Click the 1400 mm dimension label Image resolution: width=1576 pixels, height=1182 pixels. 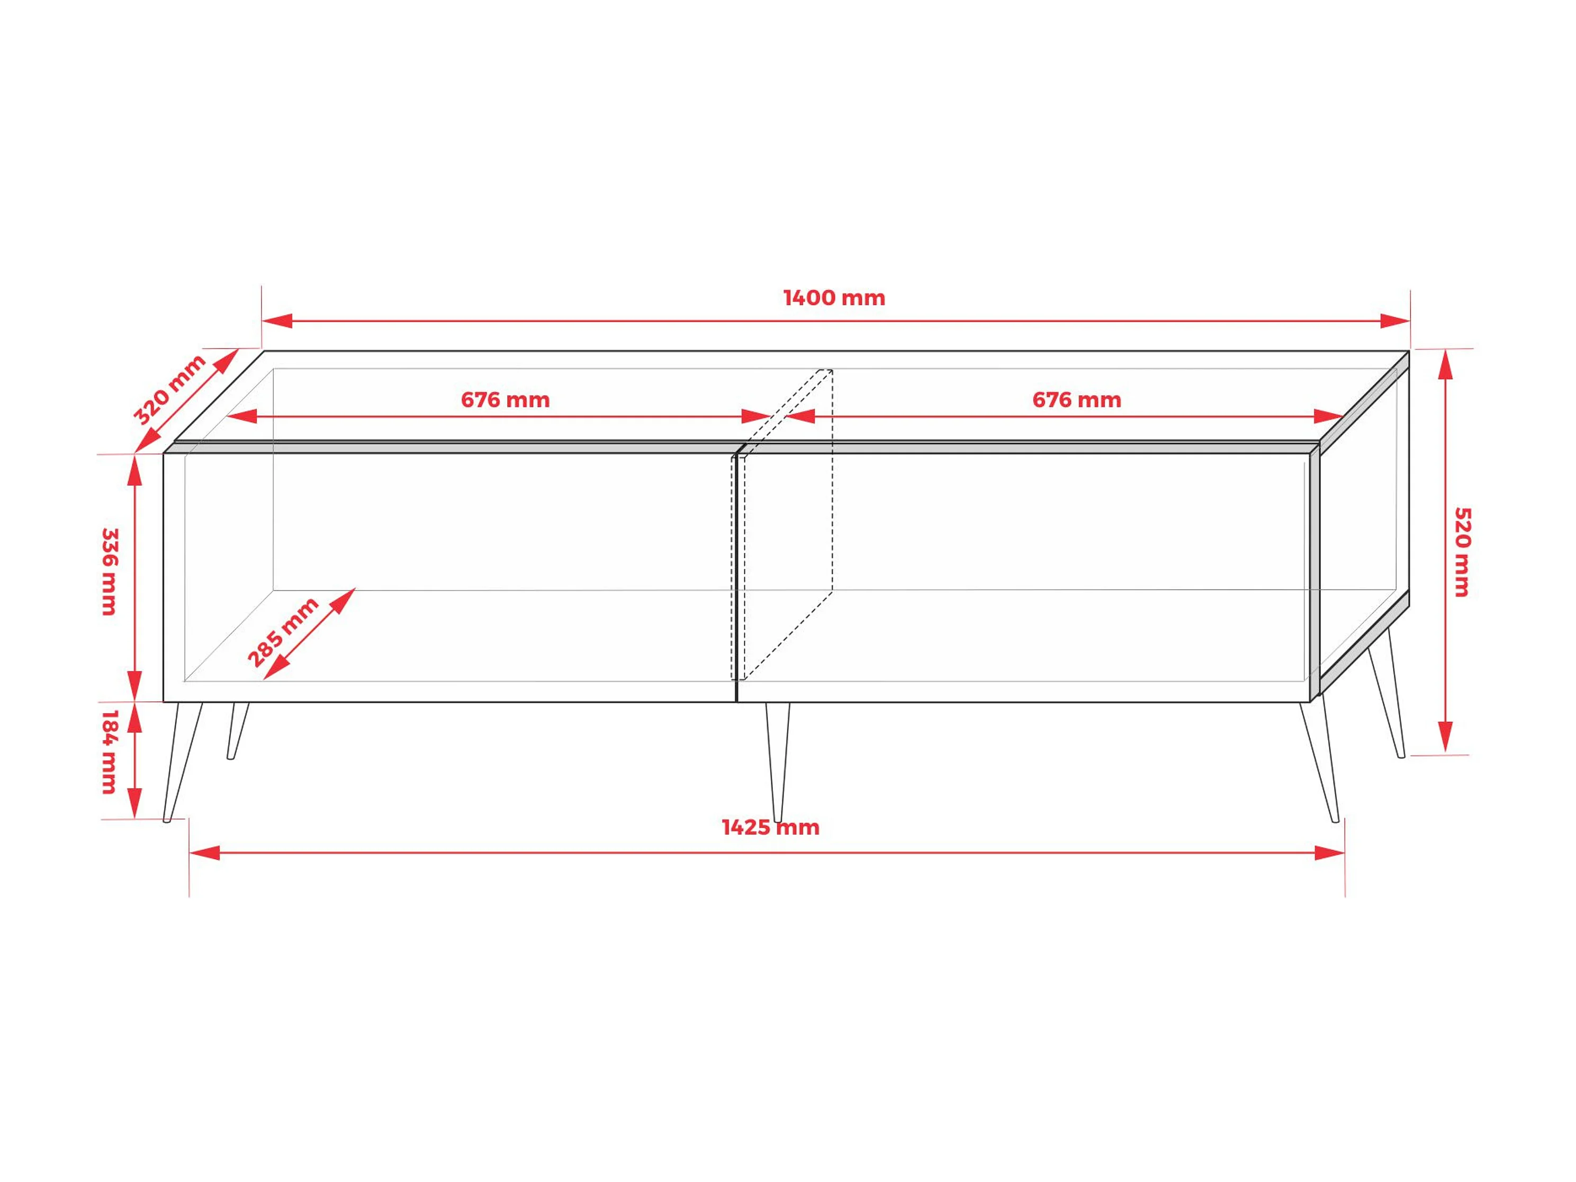(834, 298)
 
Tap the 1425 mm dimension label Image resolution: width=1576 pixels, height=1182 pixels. (770, 828)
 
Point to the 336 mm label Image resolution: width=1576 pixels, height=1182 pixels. (109, 572)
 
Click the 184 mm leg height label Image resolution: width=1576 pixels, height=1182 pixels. (109, 752)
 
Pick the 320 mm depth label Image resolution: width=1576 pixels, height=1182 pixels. (169, 390)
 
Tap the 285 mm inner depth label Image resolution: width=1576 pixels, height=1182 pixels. (283, 632)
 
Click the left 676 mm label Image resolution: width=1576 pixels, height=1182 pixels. (505, 400)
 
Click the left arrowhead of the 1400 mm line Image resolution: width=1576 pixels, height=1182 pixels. (277, 321)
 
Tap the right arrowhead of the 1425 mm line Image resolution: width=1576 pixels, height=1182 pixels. (1329, 853)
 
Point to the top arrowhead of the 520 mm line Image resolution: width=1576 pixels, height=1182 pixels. (1445, 364)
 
